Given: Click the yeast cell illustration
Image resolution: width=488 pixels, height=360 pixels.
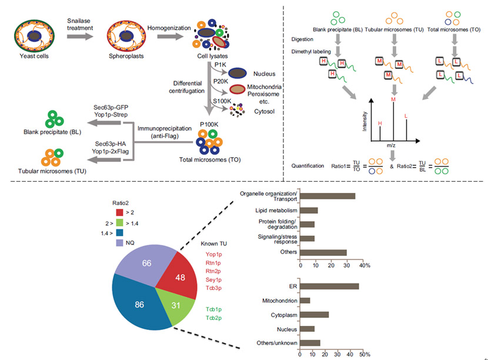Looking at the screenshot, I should point(35,35).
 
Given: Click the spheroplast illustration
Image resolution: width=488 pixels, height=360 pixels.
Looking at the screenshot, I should point(125,35).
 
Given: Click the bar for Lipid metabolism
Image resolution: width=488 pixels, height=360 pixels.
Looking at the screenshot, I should point(309,210).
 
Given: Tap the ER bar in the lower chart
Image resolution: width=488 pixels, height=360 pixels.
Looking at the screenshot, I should point(329,286).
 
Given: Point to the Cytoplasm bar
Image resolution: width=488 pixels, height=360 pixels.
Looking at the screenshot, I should point(315,315).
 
